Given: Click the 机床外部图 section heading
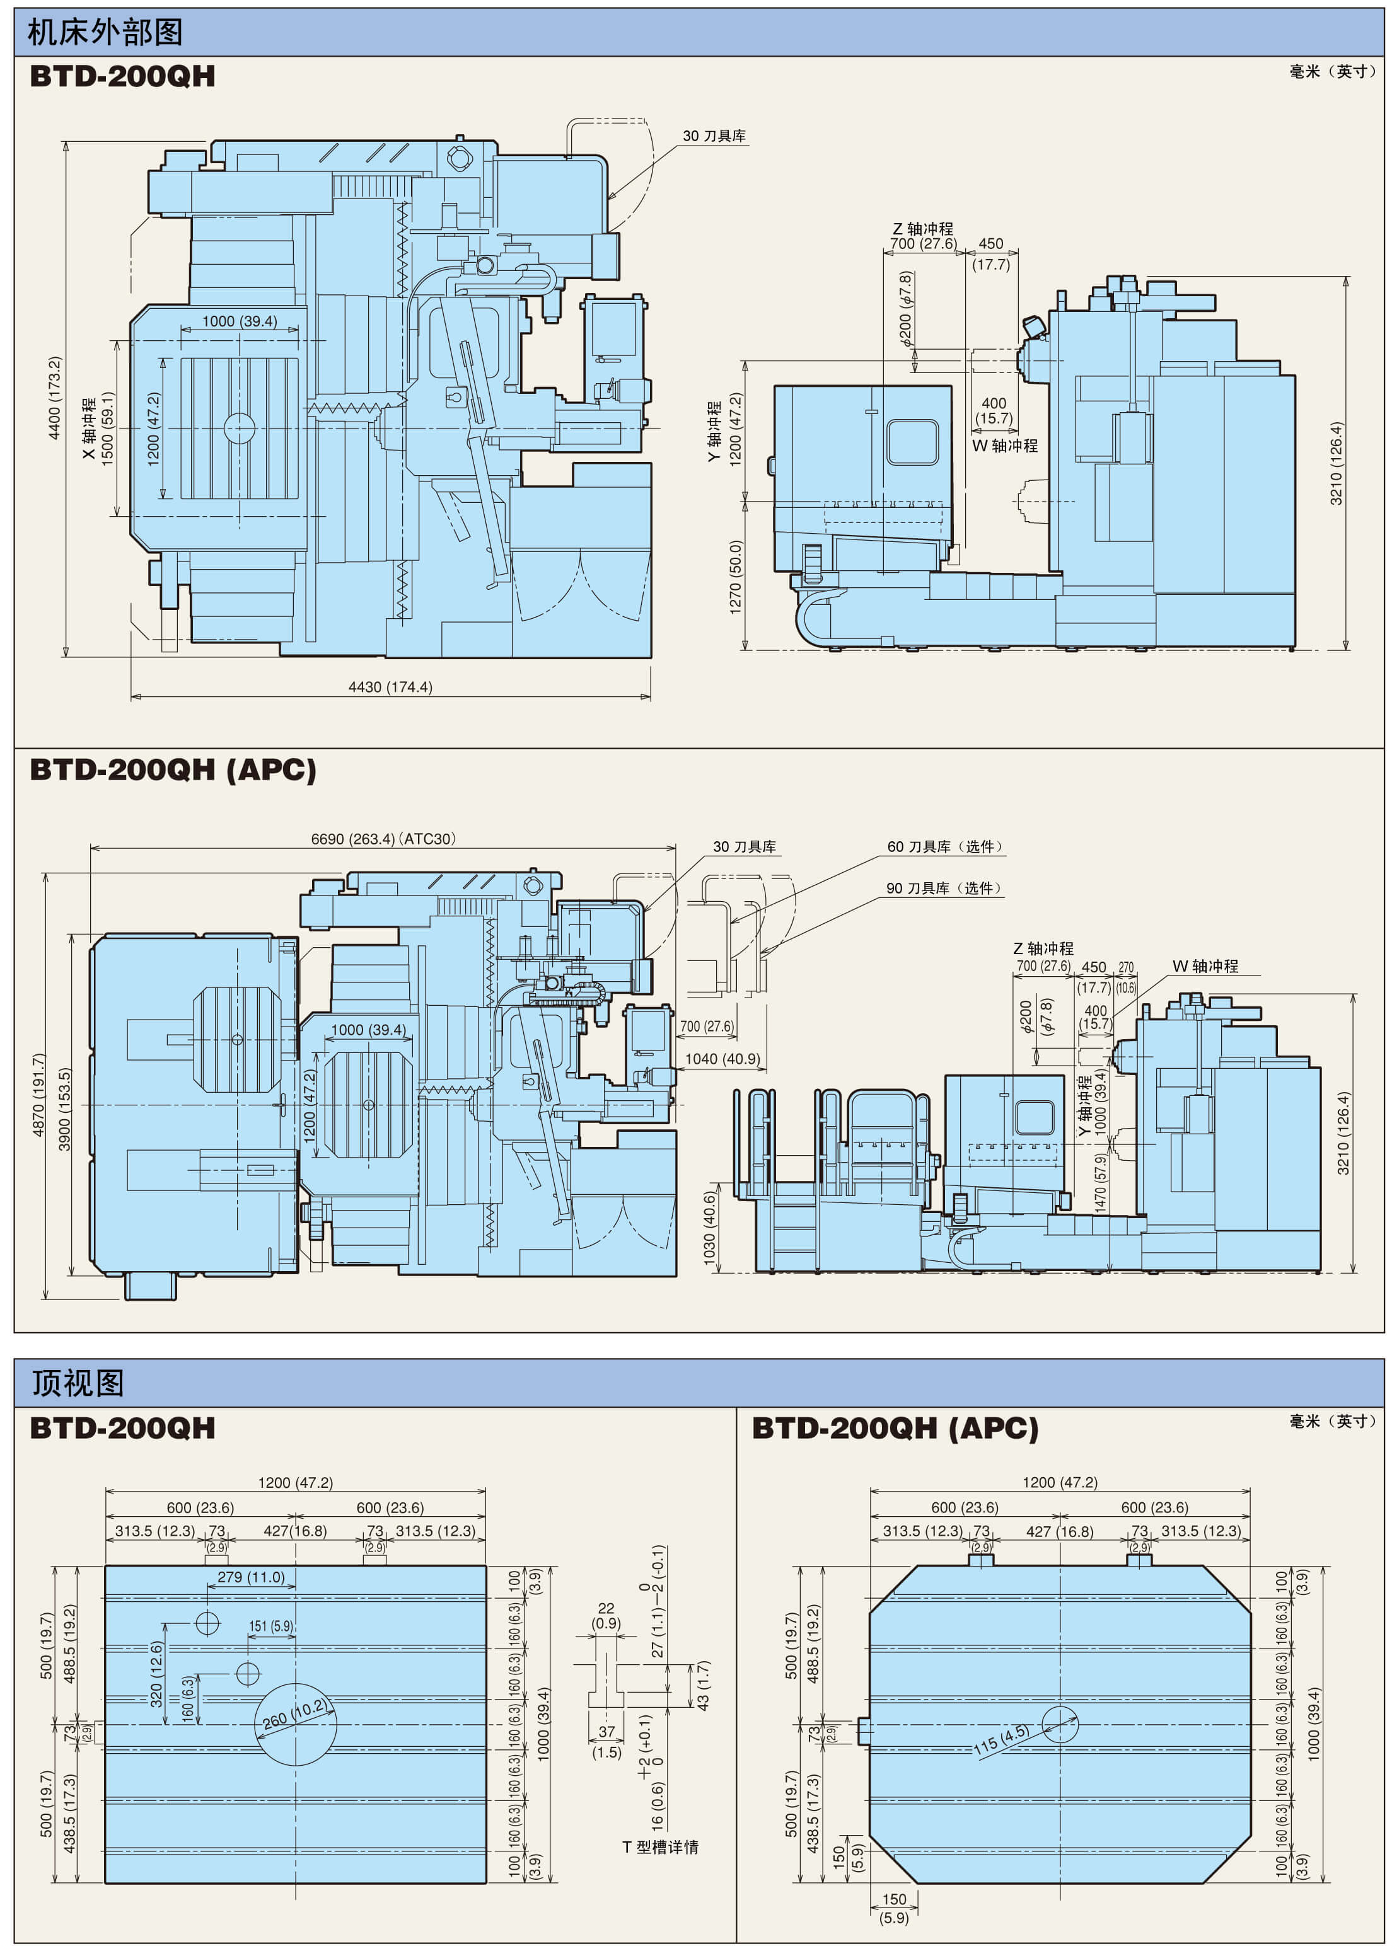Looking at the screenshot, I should (x=105, y=33).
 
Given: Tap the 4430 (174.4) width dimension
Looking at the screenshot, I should (x=390, y=687).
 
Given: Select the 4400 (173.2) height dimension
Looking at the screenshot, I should (x=55, y=398).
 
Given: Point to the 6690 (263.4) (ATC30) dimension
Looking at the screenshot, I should (x=383, y=839).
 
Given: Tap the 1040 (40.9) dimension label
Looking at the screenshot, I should (x=722, y=1059).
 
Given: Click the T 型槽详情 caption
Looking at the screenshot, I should (x=660, y=1847).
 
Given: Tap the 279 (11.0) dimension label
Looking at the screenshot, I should (x=250, y=1577).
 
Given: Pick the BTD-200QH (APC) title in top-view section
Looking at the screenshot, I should (x=895, y=1429).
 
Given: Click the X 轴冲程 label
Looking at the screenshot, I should (x=89, y=429).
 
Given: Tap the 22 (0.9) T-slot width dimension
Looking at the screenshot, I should (x=606, y=1616).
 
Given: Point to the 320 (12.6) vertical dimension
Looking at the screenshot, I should (x=156, y=1674).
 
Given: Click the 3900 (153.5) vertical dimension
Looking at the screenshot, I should (x=65, y=1110).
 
